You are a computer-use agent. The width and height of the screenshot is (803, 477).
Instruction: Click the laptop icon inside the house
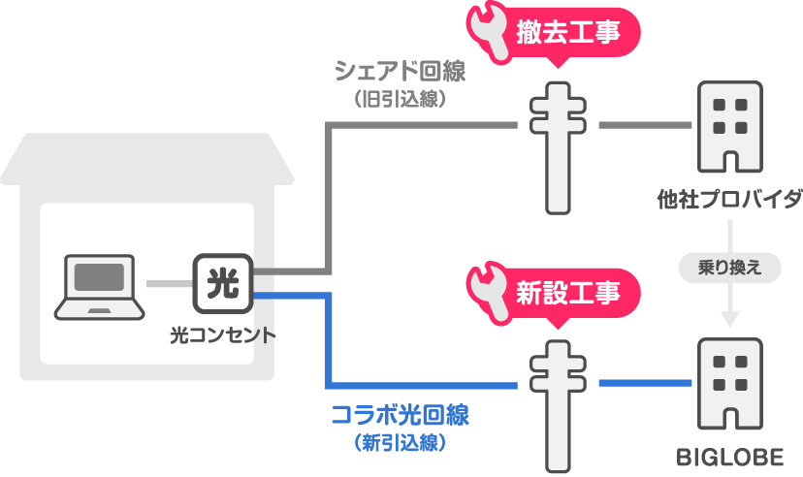tap(99, 286)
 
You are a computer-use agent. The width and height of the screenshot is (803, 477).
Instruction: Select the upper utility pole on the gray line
tap(559, 146)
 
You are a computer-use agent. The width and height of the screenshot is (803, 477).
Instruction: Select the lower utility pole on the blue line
tap(559, 402)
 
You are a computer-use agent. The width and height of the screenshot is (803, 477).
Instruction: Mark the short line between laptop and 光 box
tap(168, 283)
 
